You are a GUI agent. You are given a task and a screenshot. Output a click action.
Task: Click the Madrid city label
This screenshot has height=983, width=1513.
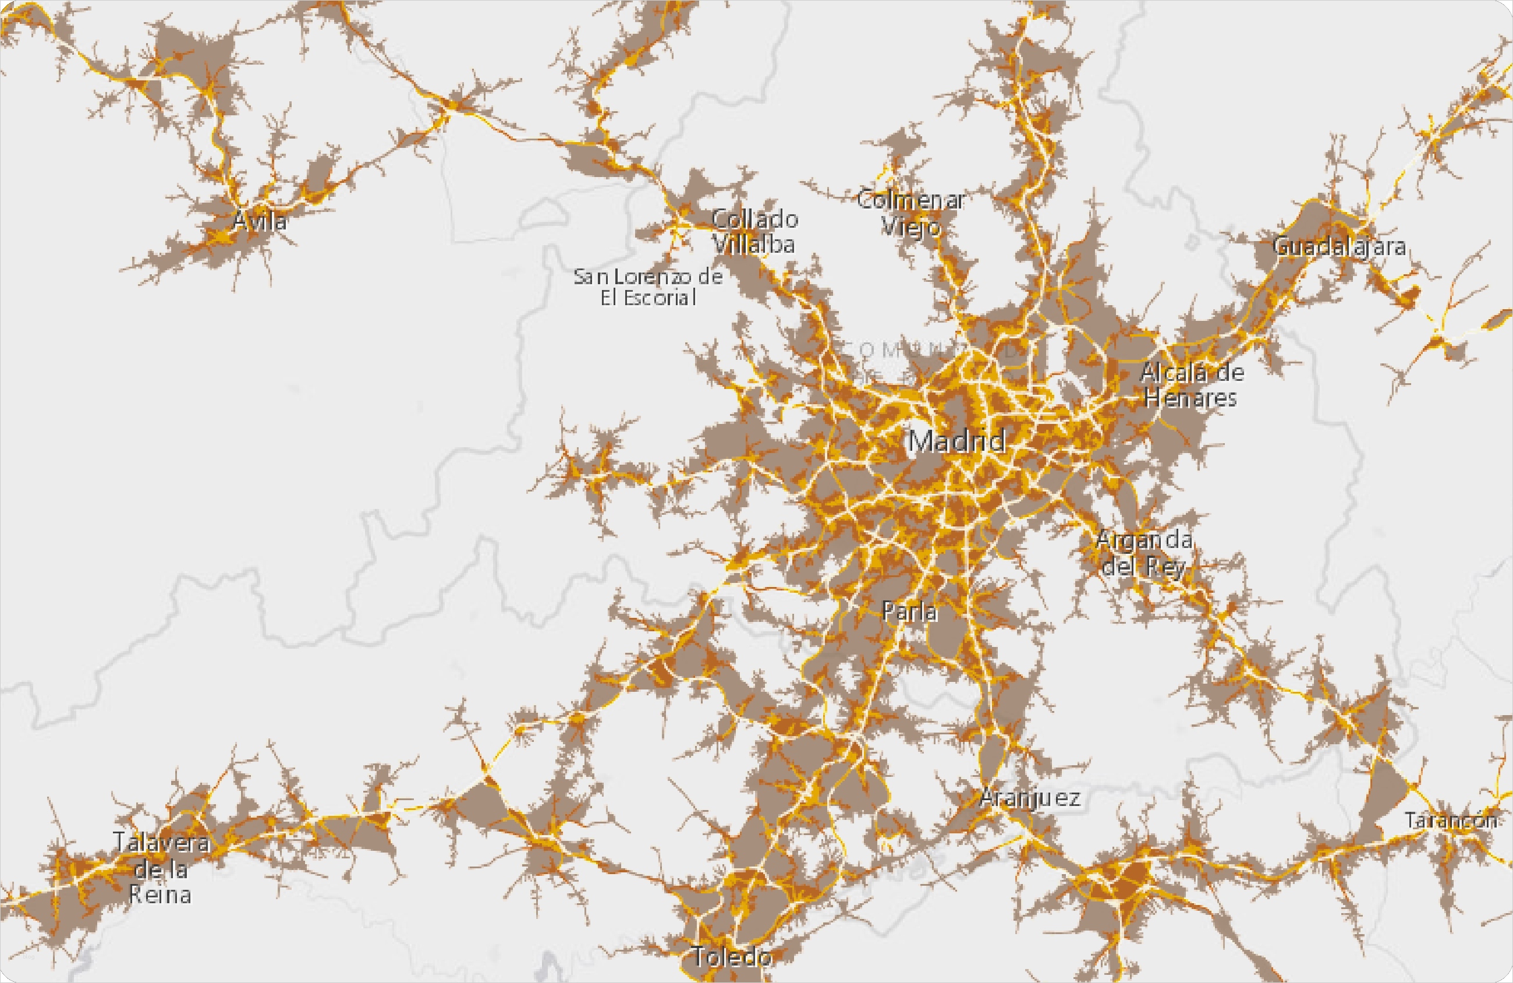956,441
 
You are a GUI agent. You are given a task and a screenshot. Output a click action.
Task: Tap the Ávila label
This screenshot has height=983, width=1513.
260,221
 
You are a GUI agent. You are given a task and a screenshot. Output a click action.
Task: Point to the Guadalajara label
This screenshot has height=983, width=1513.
1340,247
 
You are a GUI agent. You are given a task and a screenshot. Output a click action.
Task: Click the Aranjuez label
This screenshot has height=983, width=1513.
1030,798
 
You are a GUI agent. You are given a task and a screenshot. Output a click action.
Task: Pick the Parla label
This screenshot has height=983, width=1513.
910,611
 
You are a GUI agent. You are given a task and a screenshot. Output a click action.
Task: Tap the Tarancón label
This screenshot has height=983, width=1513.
1450,820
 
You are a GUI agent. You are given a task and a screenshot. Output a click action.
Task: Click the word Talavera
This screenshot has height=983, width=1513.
161,843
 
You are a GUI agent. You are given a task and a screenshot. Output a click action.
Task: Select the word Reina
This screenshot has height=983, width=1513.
160,894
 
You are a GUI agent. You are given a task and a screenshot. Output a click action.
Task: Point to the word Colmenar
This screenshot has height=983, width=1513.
910,200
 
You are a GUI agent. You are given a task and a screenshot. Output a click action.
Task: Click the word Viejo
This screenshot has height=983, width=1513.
910,227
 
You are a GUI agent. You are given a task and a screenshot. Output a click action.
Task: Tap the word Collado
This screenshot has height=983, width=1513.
754,220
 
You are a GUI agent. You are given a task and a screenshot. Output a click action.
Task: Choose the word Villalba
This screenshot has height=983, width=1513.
753,244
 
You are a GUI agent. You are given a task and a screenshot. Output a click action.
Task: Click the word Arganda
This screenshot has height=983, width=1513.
1145,540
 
